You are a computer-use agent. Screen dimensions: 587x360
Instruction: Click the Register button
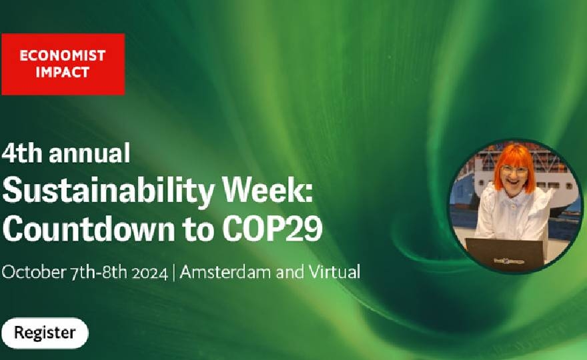point(45,333)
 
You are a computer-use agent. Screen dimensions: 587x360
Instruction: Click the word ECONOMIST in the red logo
point(63,56)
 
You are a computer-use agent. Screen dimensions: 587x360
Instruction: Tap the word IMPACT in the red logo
point(63,72)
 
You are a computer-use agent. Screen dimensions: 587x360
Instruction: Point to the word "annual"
point(89,153)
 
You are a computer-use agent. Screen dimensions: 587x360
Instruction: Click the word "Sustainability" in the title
point(108,191)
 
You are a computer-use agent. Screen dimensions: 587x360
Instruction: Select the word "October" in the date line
point(33,272)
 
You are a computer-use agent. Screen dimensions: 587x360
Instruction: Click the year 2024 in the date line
point(149,273)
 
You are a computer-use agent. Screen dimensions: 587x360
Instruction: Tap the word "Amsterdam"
point(225,272)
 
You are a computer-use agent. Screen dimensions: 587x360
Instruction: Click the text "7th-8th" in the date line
point(99,273)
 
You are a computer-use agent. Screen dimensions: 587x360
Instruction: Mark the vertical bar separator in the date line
point(174,273)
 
